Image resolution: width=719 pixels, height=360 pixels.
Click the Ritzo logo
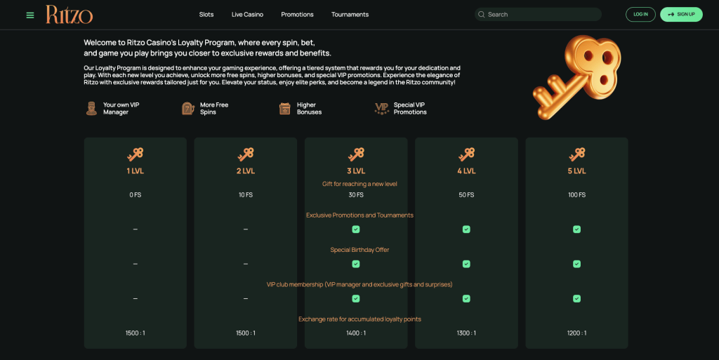point(69,14)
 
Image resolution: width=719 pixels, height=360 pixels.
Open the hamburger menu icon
point(30,15)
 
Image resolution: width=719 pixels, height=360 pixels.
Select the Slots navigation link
point(206,15)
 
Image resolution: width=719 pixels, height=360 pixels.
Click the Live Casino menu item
point(247,15)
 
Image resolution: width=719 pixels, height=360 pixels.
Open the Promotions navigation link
point(297,15)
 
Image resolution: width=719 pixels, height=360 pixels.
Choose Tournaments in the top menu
point(350,15)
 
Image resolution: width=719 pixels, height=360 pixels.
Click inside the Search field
point(541,15)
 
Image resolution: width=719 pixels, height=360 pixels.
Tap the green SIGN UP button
point(681,15)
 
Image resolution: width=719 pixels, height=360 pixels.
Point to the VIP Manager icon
point(91,109)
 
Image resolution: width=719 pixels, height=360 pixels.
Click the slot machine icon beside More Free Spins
point(187,109)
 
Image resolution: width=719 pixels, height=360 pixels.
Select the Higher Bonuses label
point(309,109)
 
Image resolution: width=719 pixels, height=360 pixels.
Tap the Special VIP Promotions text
point(410,109)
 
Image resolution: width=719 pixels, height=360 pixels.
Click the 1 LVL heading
point(136,171)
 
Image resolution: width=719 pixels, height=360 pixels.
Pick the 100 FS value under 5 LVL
point(576,195)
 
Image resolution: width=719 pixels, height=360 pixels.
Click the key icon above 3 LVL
point(356,154)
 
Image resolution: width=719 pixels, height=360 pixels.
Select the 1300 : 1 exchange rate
point(466,333)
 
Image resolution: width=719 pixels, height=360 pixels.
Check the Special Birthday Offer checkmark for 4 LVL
point(466,264)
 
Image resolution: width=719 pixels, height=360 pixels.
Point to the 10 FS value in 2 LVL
point(246,195)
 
